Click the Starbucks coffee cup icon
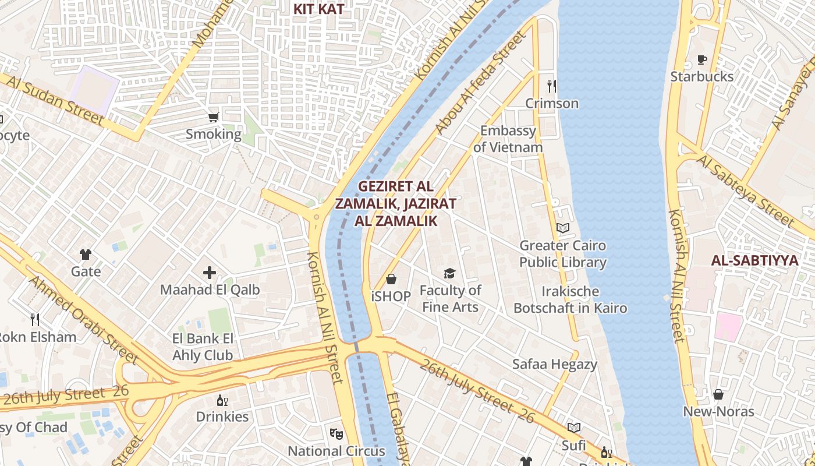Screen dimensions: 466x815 click(702, 59)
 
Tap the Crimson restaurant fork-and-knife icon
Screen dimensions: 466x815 click(552, 86)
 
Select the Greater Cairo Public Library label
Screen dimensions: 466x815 click(563, 254)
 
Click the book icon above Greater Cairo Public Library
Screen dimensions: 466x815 click(562, 228)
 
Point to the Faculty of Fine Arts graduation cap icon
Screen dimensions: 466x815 click(449, 273)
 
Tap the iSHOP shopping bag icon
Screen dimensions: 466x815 click(391, 280)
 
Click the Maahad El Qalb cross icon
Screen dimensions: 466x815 click(210, 272)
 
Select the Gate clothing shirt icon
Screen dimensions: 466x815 click(86, 255)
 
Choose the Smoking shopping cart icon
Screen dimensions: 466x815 click(214, 117)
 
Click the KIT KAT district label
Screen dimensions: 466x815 click(318, 9)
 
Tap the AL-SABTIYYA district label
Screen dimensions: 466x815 click(754, 260)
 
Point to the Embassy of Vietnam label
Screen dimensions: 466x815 click(508, 139)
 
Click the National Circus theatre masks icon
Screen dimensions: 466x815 click(336, 434)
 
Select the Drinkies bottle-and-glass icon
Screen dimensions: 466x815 click(222, 400)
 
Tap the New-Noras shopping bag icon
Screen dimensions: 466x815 click(718, 394)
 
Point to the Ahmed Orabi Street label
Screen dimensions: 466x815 click(81, 320)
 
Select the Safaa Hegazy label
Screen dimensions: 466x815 click(555, 365)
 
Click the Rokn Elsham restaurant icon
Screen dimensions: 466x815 click(35, 319)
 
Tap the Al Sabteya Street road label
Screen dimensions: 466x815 click(746, 190)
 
